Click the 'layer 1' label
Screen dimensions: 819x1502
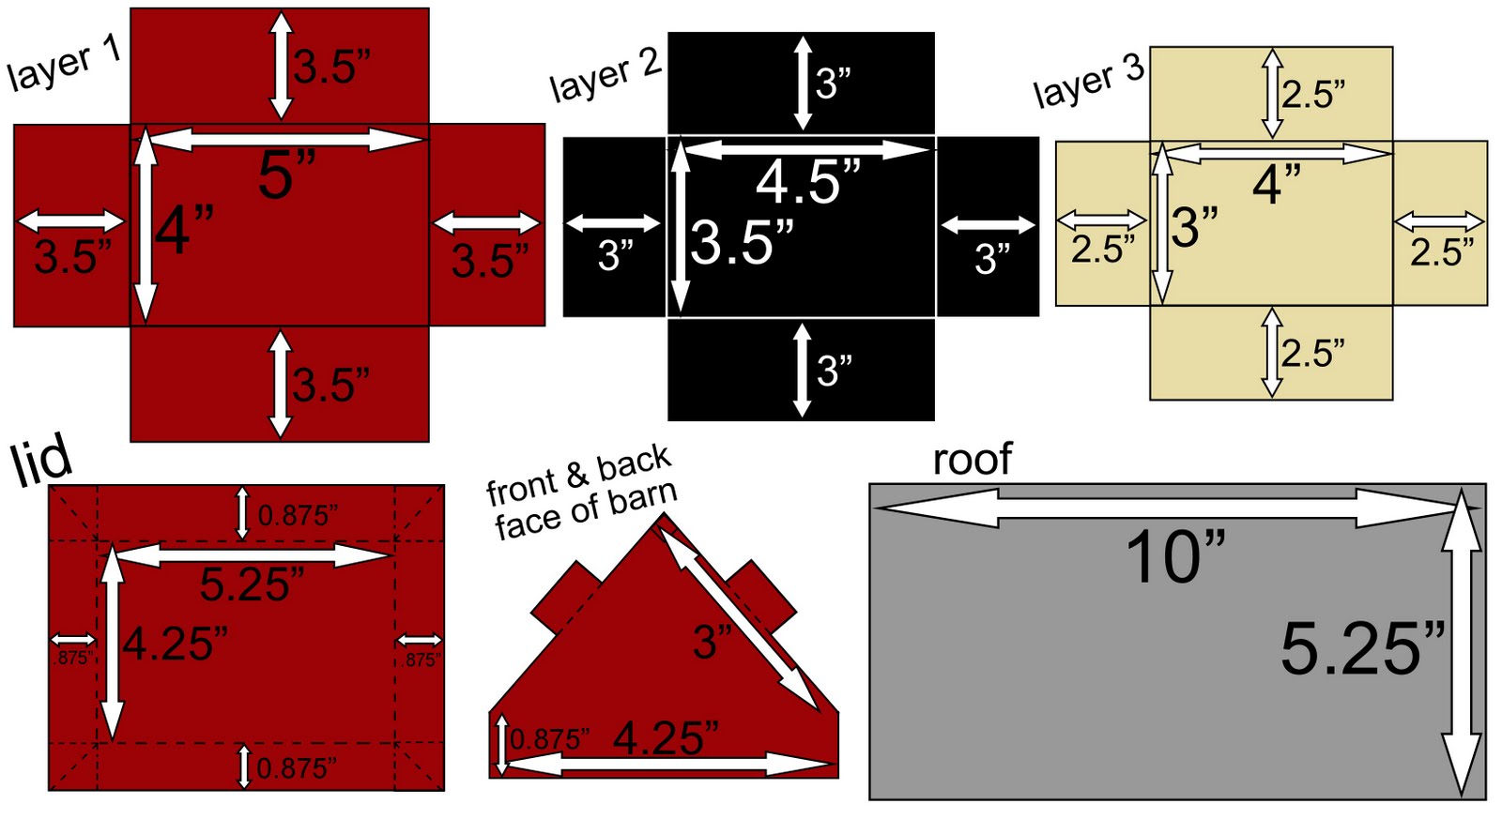click(64, 64)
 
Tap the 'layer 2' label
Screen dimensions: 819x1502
click(605, 74)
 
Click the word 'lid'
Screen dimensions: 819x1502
click(41, 460)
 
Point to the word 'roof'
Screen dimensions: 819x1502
click(972, 459)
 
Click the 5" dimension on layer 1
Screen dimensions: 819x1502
click(286, 174)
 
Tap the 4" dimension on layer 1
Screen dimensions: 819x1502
click(184, 229)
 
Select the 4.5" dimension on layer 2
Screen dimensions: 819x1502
click(808, 181)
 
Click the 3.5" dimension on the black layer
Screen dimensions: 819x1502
click(743, 242)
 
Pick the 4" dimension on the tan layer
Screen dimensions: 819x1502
click(1277, 184)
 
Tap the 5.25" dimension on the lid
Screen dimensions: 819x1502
click(252, 584)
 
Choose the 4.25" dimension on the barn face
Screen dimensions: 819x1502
click(666, 737)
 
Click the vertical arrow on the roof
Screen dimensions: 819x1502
click(1462, 643)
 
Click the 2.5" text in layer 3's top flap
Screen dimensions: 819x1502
click(1313, 95)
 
